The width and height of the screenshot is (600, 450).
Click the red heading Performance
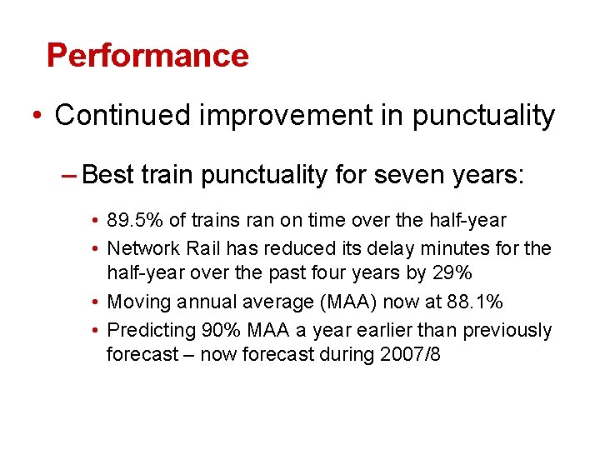[x=147, y=55]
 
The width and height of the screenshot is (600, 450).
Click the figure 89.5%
[x=135, y=221]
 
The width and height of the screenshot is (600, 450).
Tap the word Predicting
[x=149, y=331]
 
